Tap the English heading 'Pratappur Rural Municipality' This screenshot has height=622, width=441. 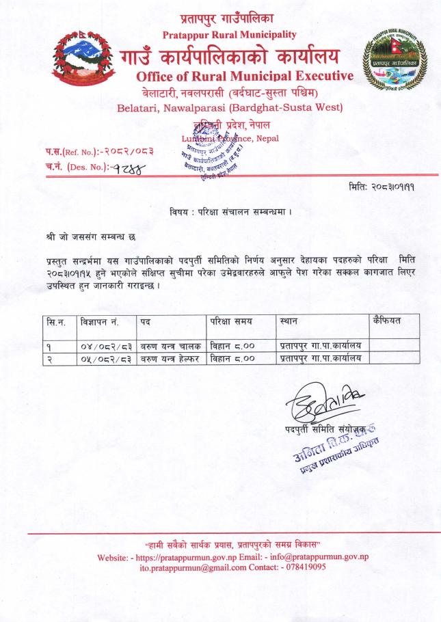(x=229, y=34)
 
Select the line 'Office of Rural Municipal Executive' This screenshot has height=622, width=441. (x=245, y=75)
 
